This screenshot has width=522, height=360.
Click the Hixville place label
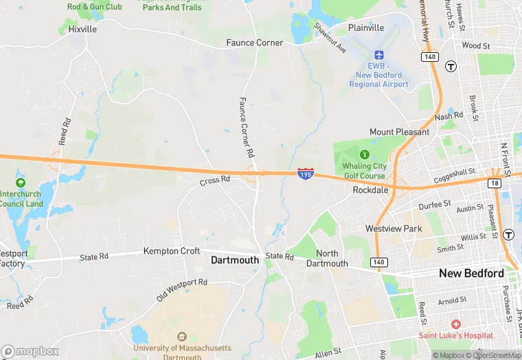pyautogui.click(x=82, y=30)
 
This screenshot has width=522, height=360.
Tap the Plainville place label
pyautogui.click(x=366, y=28)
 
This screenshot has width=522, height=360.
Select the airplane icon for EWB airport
pyautogui.click(x=378, y=55)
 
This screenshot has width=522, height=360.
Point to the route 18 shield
pyautogui.click(x=495, y=183)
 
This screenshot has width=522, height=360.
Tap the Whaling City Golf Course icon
pyautogui.click(x=365, y=154)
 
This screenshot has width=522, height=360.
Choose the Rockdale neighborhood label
pyautogui.click(x=371, y=190)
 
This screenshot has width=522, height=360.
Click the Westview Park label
pyautogui.click(x=393, y=228)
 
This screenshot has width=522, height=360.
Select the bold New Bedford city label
pyautogui.click(x=472, y=273)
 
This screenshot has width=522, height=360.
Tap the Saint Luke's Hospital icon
pyautogui.click(x=455, y=323)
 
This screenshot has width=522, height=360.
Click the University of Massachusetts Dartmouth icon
pyautogui.click(x=181, y=337)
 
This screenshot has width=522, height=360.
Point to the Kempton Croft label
pyautogui.click(x=171, y=251)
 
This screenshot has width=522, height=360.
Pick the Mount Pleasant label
pyautogui.click(x=399, y=132)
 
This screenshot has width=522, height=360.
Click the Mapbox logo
pyautogui.click(x=31, y=351)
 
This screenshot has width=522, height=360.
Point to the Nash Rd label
pyautogui.click(x=449, y=117)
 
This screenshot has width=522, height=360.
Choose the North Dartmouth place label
pyautogui.click(x=327, y=258)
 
